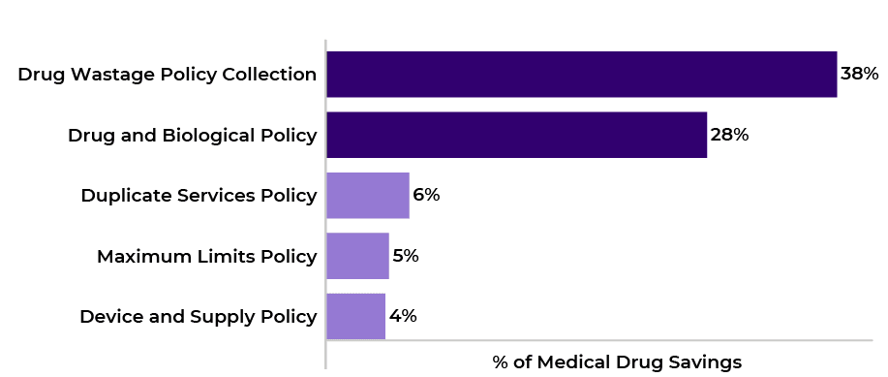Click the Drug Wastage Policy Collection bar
tap(581, 75)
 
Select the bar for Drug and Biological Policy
tap(516, 135)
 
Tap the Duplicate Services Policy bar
tap(368, 196)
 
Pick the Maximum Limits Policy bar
tap(357, 256)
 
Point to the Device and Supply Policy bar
tap(355, 316)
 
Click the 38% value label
tap(859, 74)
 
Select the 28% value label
tap(729, 135)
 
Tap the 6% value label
tap(426, 195)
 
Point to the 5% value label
tap(405, 256)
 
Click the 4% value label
tap(403, 316)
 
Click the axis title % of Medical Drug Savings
tap(617, 361)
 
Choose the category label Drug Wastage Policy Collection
tap(167, 75)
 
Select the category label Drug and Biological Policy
tap(192, 136)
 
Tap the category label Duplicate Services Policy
tap(199, 196)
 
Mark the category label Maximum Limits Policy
tap(206, 257)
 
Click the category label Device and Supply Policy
tap(198, 317)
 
